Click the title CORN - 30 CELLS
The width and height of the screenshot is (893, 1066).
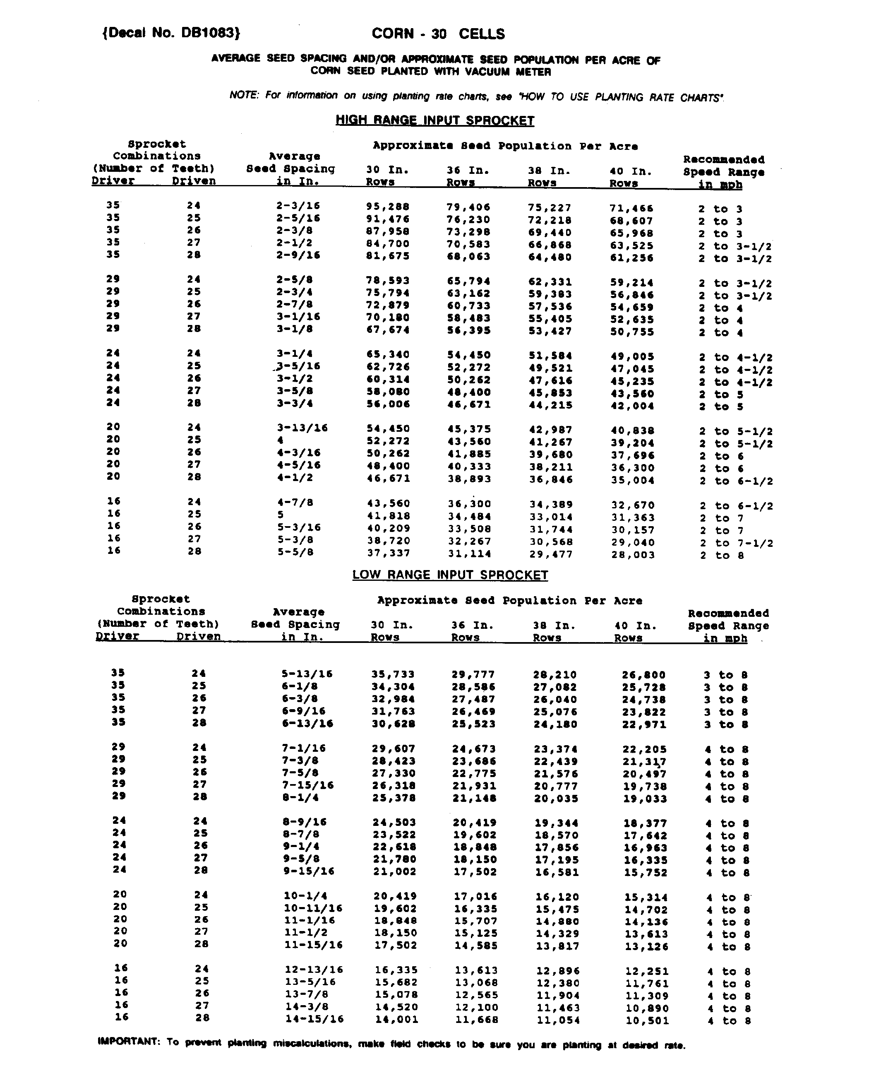(438, 34)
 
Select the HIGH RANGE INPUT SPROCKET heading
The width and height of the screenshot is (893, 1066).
(435, 120)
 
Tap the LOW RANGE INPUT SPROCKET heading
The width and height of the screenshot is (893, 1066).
(450, 575)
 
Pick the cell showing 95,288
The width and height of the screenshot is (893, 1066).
(388, 207)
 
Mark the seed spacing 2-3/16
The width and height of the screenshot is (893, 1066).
(298, 206)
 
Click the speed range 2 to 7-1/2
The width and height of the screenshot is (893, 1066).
(736, 543)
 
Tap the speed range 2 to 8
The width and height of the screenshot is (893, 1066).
(722, 555)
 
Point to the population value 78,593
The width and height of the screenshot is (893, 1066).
(388, 281)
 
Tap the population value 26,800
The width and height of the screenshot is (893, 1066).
(643, 675)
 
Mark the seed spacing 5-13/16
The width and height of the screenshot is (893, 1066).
(307, 674)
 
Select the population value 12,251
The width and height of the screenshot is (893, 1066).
(646, 971)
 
